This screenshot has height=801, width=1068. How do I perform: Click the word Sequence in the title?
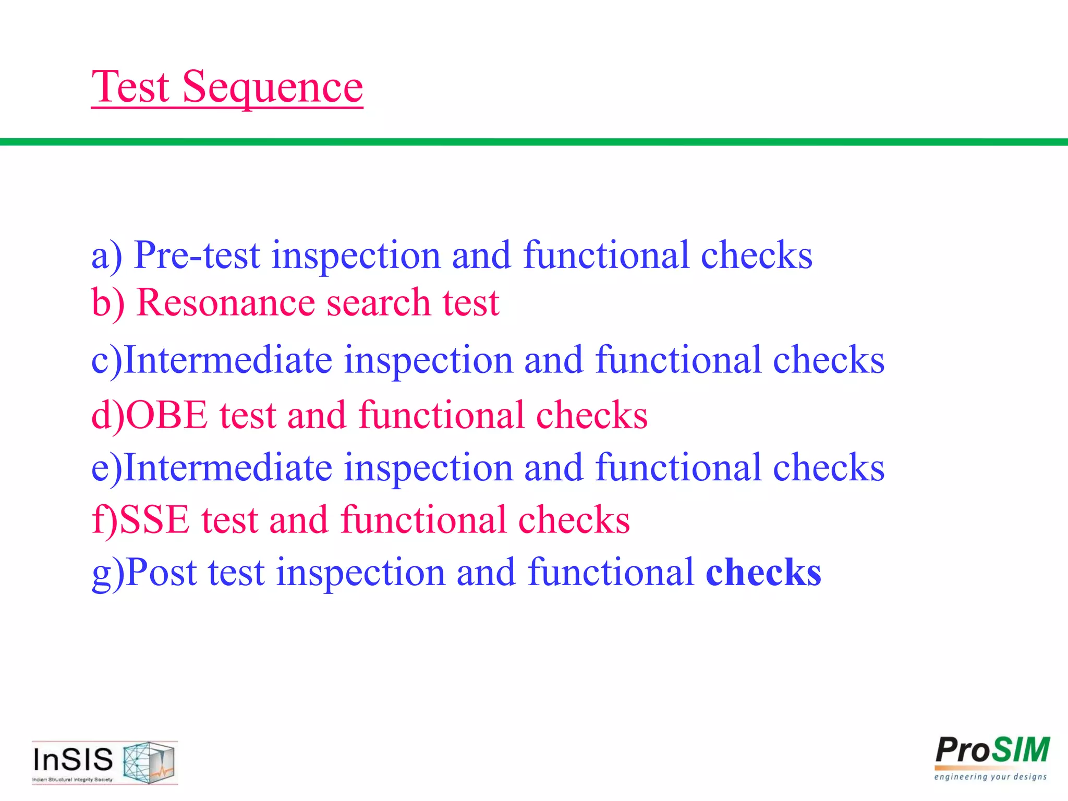(x=272, y=88)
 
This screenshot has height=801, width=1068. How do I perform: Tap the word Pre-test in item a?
(x=197, y=256)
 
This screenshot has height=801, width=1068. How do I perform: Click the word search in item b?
(x=379, y=304)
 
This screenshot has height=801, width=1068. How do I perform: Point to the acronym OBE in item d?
(x=167, y=416)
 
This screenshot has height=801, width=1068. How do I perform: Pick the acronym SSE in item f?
(x=155, y=520)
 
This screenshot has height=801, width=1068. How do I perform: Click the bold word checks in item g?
(x=763, y=573)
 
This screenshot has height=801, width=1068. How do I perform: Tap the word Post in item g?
(x=161, y=573)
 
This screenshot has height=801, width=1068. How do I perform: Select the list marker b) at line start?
(x=108, y=304)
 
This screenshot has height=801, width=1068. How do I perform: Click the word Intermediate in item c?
(x=228, y=360)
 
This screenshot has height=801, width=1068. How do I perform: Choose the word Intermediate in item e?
(x=228, y=468)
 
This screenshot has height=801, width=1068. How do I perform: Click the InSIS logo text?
(x=73, y=759)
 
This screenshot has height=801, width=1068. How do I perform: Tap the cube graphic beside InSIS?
(x=149, y=762)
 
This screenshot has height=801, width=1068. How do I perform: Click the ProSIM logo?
(x=992, y=751)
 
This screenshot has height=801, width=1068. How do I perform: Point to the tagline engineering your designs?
(x=990, y=777)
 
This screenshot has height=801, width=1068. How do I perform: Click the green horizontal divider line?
(x=534, y=142)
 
